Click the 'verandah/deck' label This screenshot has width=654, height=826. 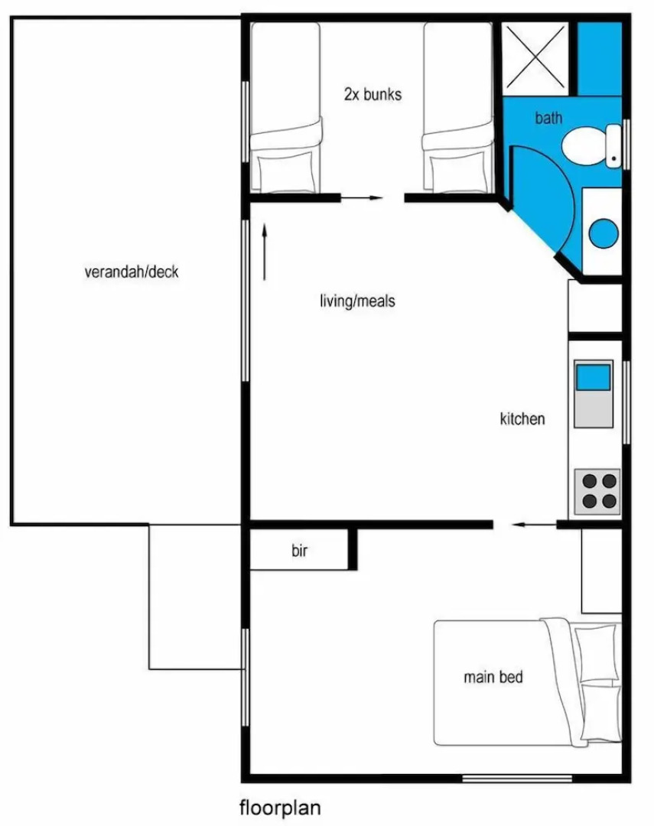[132, 272]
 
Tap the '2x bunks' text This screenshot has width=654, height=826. [373, 95]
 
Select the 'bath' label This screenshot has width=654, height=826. [548, 118]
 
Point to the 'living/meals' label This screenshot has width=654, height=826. [357, 301]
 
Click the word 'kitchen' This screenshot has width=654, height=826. [522, 418]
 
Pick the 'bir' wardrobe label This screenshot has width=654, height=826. [299, 551]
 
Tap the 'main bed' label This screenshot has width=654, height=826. [493, 677]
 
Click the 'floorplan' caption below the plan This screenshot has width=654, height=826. [281, 808]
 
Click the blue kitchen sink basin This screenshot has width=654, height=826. [593, 378]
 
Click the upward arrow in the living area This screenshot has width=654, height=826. [265, 252]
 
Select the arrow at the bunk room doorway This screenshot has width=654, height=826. [361, 198]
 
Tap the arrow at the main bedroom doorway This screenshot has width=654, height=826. [533, 525]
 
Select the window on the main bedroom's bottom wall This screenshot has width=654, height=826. [517, 779]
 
